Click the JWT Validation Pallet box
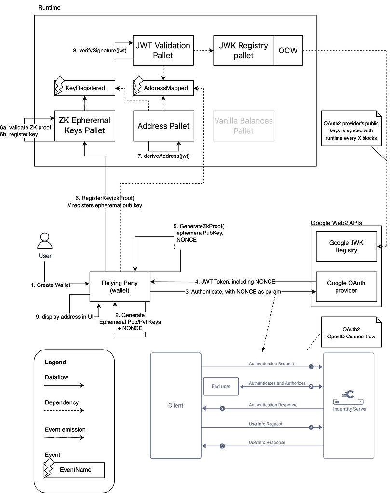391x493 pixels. pyautogui.click(x=163, y=50)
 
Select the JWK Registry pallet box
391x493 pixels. pyautogui.click(x=243, y=50)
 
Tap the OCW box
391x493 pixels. pyautogui.click(x=288, y=50)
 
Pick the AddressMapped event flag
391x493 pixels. pyautogui.click(x=164, y=88)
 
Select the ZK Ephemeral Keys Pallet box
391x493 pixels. pyautogui.click(x=85, y=125)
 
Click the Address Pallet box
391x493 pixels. pyautogui.click(x=163, y=126)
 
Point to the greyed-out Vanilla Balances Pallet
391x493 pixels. pyautogui.click(x=243, y=126)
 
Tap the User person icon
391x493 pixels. pyautogui.click(x=45, y=240)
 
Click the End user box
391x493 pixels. pyautogui.click(x=221, y=386)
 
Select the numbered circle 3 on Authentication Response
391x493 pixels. pyautogui.click(x=222, y=409)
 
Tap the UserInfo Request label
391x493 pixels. pyautogui.click(x=266, y=424)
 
